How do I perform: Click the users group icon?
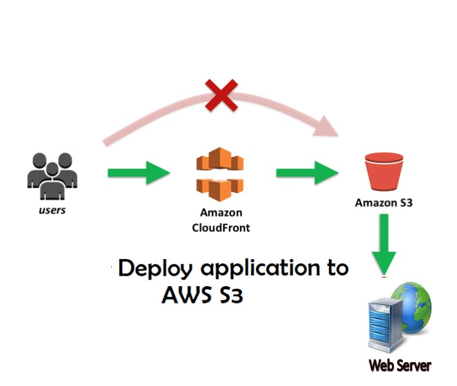[x=51, y=175]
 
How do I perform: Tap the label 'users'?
[x=51, y=210]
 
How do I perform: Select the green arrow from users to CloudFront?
[x=138, y=173]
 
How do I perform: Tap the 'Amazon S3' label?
[x=384, y=202]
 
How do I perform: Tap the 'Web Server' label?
[x=400, y=366]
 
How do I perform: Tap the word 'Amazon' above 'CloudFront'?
[x=221, y=213]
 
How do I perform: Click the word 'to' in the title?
[x=334, y=267]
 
